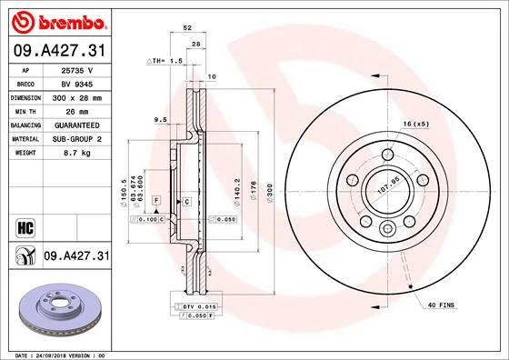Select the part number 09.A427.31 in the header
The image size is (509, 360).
60,48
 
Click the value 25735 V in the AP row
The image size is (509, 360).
78,68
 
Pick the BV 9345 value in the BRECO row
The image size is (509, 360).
78,82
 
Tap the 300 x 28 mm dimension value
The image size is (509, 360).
78,95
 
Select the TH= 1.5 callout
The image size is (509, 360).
165,60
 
